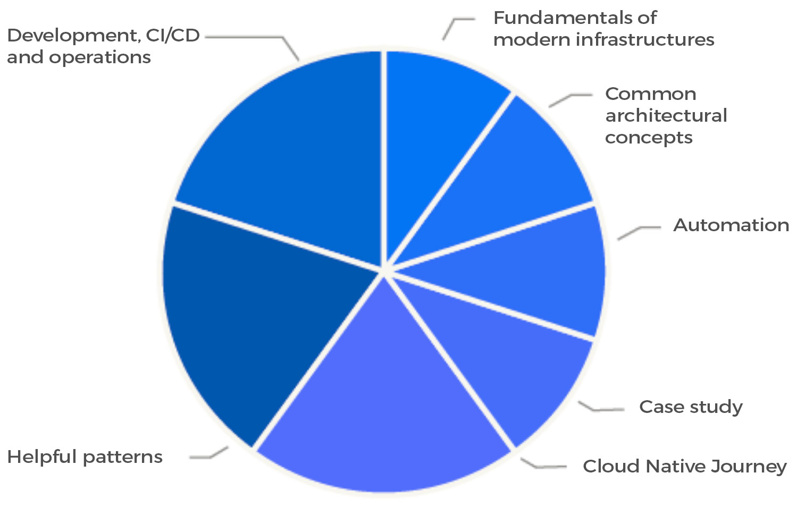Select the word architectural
666,115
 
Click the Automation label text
731,225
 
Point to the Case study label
691,407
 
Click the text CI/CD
173,36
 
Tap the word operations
100,57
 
